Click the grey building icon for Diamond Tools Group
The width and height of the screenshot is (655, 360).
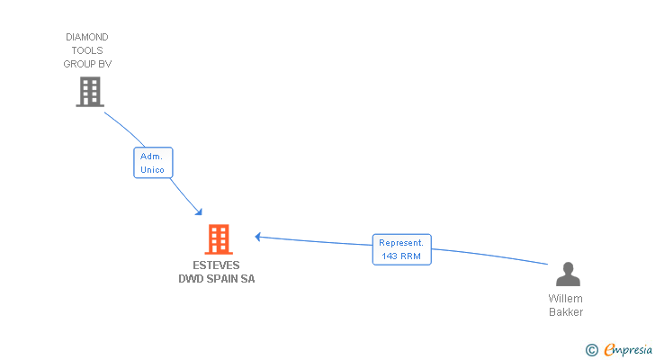coord(90,92)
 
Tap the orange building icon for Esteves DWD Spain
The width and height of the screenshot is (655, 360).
coord(219,239)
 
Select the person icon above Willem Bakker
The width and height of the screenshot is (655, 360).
coord(568,274)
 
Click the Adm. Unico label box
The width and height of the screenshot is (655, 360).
coord(153,163)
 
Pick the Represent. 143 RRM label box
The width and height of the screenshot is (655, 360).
coord(402,249)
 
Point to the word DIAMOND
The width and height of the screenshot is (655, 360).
coord(87,37)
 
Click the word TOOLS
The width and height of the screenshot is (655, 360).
coord(87,50)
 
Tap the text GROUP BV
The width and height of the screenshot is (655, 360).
coord(87,64)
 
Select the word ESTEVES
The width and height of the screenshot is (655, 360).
coord(216,265)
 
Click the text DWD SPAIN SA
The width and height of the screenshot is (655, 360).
coord(216,279)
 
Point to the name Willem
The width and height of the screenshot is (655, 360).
coord(565,299)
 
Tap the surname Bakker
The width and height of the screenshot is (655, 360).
coord(566,312)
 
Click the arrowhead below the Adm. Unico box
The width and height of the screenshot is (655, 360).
coord(199,212)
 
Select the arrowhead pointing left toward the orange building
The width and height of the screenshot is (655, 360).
coord(258,237)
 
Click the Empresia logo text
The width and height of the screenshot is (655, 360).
coord(628,349)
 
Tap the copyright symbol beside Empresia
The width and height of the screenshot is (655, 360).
coord(591,350)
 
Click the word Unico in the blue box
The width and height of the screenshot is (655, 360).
coord(152,169)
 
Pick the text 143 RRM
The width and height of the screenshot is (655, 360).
coord(401,256)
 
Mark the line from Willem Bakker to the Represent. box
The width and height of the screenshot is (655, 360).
coord(489,256)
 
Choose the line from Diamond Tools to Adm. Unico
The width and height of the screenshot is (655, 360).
coord(125,128)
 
